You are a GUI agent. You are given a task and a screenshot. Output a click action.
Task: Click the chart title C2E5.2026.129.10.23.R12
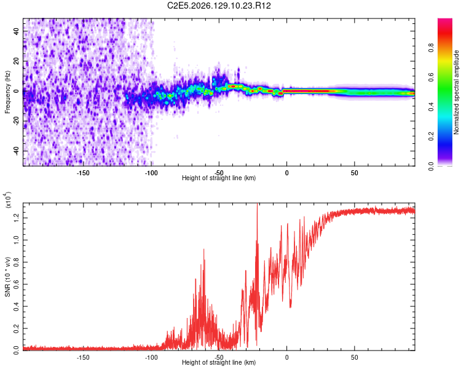tap(219, 6)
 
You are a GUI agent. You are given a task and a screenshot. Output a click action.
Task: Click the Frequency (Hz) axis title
tap(7, 92)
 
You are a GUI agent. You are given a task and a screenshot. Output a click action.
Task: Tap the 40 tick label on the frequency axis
tap(17, 31)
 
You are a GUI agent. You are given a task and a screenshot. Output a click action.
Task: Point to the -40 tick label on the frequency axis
tap(17, 150)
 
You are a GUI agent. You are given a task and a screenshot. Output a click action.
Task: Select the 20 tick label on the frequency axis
tap(17, 61)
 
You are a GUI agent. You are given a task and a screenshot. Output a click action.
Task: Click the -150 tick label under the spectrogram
tap(83, 173)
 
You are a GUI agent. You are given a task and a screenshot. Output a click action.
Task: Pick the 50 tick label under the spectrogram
tap(354, 173)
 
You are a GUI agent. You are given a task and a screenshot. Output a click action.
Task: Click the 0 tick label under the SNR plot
tap(286, 357)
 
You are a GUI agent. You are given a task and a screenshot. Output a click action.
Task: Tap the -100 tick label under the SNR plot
tap(151, 357)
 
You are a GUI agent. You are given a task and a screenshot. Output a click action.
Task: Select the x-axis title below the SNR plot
tap(219, 362)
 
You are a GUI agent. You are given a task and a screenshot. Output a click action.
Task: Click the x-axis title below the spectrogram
tap(219, 178)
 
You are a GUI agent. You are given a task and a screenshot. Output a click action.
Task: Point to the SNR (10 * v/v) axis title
tap(7, 277)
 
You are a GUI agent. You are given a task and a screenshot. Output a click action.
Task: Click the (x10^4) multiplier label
tap(8, 200)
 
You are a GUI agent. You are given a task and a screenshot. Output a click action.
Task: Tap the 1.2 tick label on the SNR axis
tap(17, 218)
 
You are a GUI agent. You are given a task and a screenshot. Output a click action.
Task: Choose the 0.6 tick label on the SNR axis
tap(17, 284)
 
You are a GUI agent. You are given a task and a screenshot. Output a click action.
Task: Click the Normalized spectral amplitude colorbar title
tap(456, 92)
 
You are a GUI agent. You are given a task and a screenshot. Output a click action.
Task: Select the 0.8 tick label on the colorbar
tap(431, 47)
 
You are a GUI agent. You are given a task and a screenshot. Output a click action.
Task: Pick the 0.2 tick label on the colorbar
tap(431, 137)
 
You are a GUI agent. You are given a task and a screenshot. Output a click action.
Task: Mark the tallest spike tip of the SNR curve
tap(258, 204)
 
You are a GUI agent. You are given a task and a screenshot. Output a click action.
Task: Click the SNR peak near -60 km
tap(203, 249)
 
